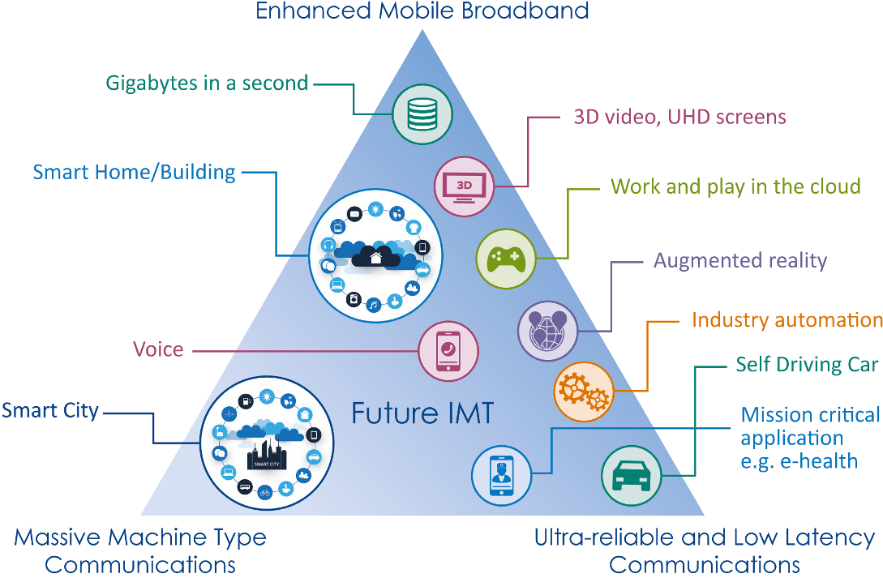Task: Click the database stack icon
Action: (x=422, y=113)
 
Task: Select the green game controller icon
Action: (x=506, y=259)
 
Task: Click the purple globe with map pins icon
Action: (x=548, y=330)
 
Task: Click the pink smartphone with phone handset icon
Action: (x=448, y=351)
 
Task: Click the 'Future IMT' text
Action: (x=422, y=413)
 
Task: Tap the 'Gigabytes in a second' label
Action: (x=207, y=83)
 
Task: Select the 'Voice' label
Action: (x=158, y=350)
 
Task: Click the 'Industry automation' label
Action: (x=786, y=320)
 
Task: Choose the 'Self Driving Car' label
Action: (x=807, y=364)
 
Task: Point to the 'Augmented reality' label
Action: (x=740, y=260)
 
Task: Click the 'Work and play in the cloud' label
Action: (x=735, y=186)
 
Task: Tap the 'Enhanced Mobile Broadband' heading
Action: (x=422, y=11)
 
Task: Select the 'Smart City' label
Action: (x=50, y=410)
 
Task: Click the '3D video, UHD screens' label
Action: (x=679, y=117)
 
